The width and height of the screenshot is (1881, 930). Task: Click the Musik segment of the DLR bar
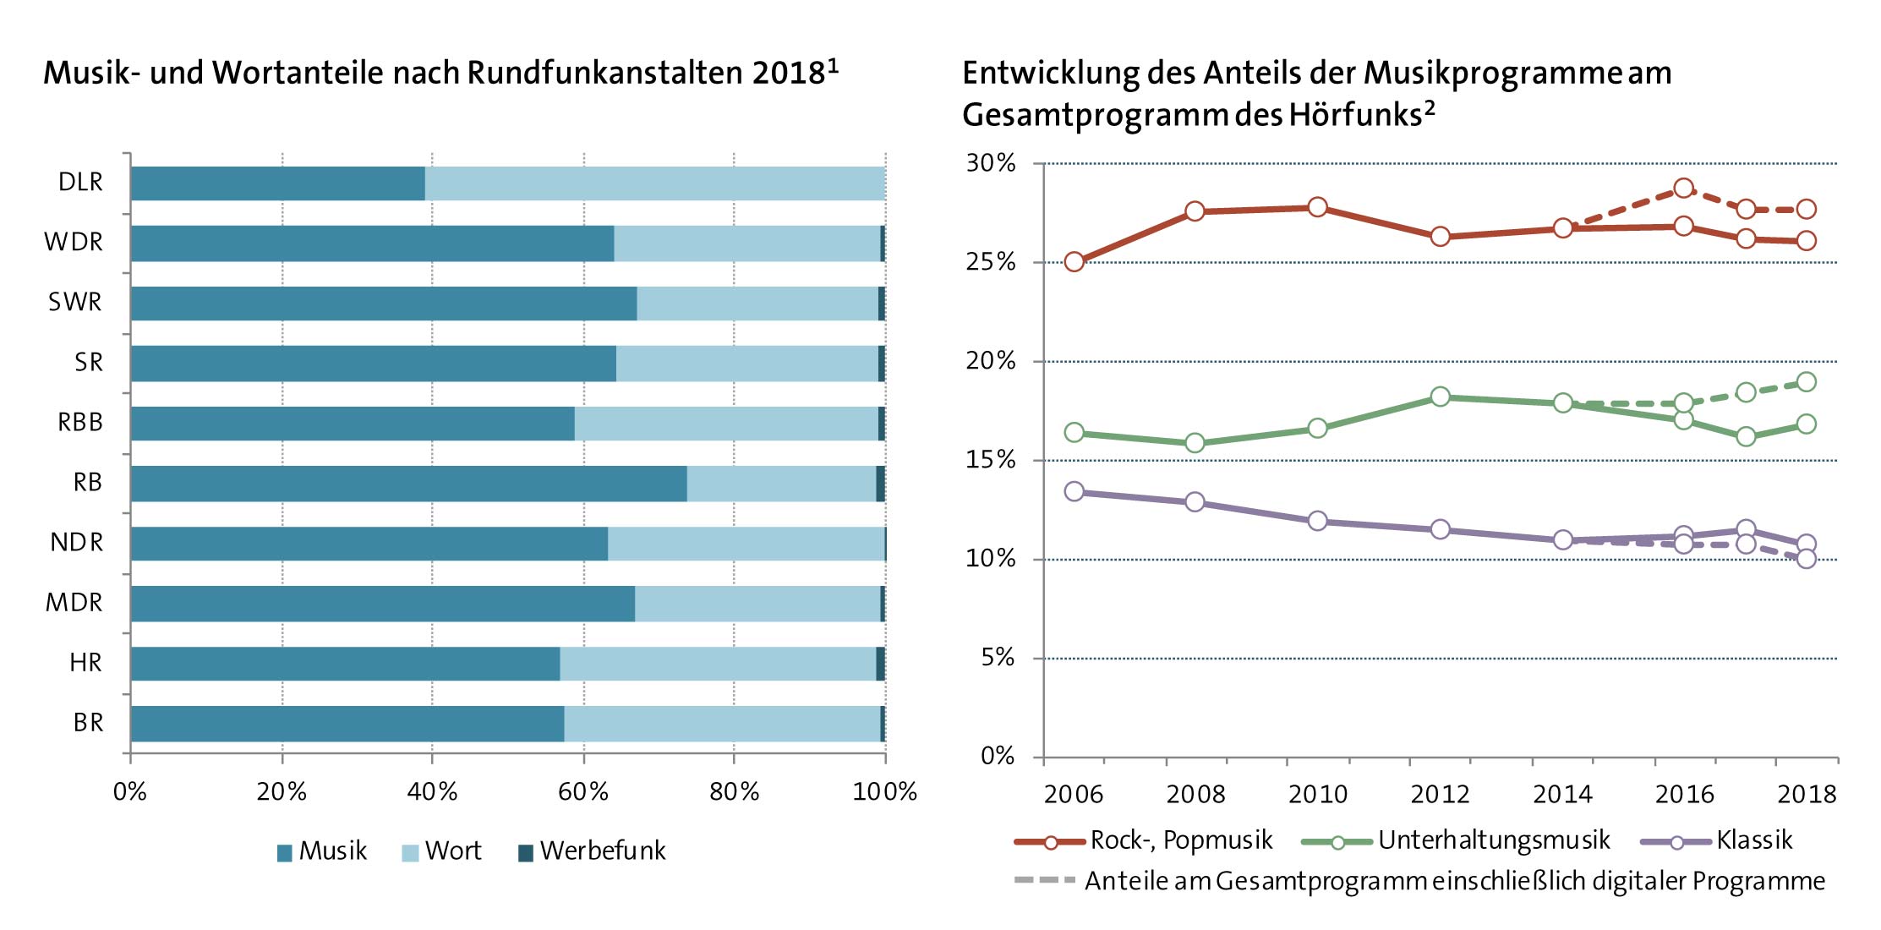pyautogui.click(x=277, y=183)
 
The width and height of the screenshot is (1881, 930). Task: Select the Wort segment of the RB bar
pyautogui.click(x=781, y=484)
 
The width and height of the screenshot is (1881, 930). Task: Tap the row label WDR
pyautogui.click(x=74, y=243)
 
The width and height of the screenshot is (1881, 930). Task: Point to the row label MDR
pyautogui.click(x=74, y=603)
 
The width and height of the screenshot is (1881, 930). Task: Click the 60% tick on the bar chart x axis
pyautogui.click(x=583, y=792)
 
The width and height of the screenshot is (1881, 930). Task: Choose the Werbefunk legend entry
pyautogui.click(x=592, y=851)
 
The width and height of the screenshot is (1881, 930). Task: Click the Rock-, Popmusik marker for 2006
pyautogui.click(x=1074, y=261)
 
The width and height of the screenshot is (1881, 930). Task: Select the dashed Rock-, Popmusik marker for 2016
pyautogui.click(x=1683, y=188)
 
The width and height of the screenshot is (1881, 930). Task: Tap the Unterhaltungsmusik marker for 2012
pyautogui.click(x=1441, y=397)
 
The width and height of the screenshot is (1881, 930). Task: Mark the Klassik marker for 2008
pyautogui.click(x=1195, y=502)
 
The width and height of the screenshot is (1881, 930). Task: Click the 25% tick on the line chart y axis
pyautogui.click(x=990, y=262)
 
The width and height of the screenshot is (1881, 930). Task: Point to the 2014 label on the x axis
pyautogui.click(x=1562, y=795)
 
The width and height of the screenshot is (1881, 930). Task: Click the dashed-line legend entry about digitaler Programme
pyautogui.click(x=1420, y=882)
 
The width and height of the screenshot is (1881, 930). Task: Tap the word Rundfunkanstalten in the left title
pyautogui.click(x=604, y=74)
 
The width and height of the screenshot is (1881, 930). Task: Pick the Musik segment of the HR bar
pyautogui.click(x=345, y=664)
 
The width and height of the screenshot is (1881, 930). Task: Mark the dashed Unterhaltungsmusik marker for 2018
pyautogui.click(x=1806, y=382)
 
